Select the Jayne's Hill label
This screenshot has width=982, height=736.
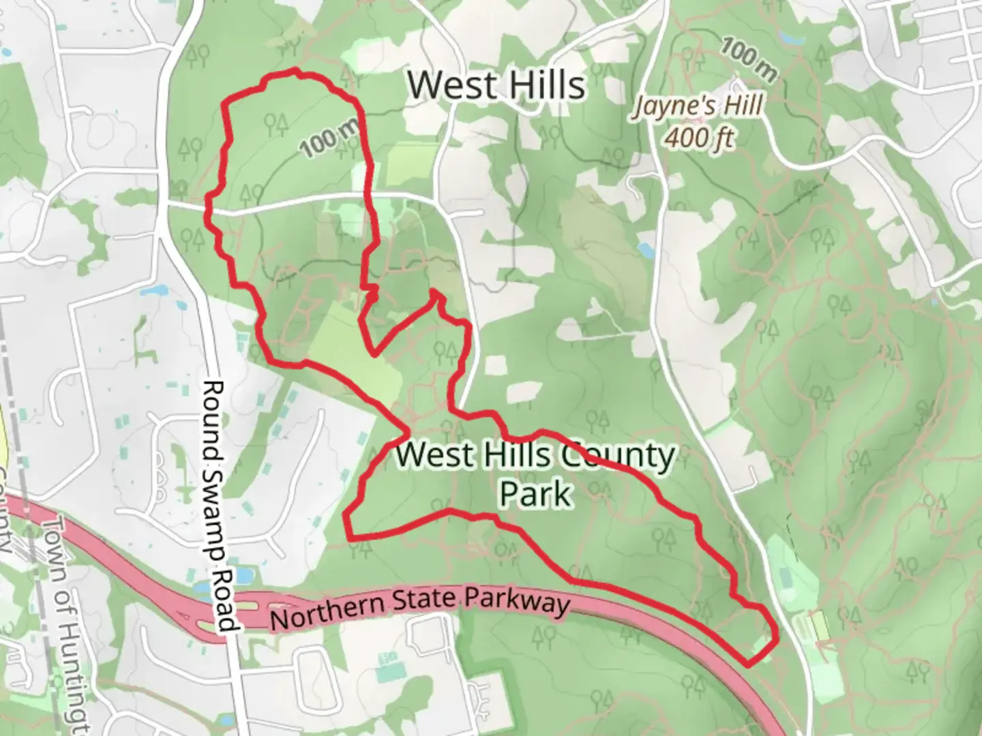point(698,107)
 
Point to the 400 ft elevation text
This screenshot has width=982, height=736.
point(700,138)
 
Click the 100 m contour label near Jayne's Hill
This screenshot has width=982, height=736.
point(748,61)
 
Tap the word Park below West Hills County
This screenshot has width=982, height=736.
point(535,493)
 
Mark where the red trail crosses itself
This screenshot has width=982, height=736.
point(408,431)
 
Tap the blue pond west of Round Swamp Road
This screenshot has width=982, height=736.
point(155,292)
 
